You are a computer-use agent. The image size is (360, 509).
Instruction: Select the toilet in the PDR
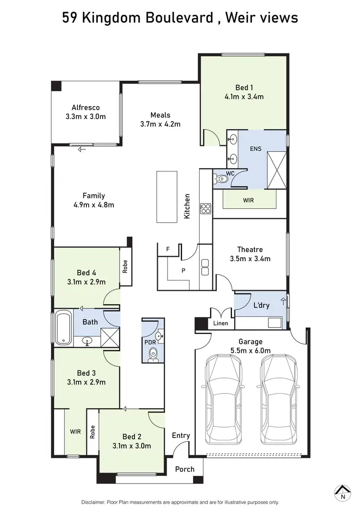point(153,354)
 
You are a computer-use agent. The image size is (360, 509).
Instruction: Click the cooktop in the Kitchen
point(205,209)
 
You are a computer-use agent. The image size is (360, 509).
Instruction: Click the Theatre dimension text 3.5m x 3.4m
point(250,259)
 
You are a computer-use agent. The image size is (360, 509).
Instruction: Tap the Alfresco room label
point(85,108)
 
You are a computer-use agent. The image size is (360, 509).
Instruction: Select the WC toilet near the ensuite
point(222,179)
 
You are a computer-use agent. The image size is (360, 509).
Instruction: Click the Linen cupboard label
point(221,324)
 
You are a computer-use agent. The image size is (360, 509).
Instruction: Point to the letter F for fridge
point(168,249)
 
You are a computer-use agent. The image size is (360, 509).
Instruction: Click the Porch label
point(184,469)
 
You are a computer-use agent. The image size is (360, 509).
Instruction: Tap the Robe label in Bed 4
point(125,267)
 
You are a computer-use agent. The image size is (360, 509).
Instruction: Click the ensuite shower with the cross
point(277,169)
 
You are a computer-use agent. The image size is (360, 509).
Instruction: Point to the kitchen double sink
point(205,267)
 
